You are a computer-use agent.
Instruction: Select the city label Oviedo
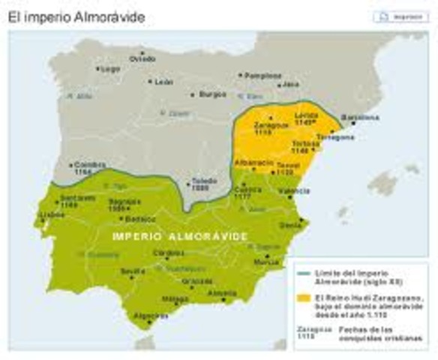142,58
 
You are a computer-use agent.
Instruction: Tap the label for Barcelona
360,118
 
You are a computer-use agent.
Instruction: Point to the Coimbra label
85,166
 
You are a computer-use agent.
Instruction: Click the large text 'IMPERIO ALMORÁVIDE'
180,235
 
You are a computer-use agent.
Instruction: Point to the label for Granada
197,281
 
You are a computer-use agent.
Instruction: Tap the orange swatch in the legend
303,298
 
